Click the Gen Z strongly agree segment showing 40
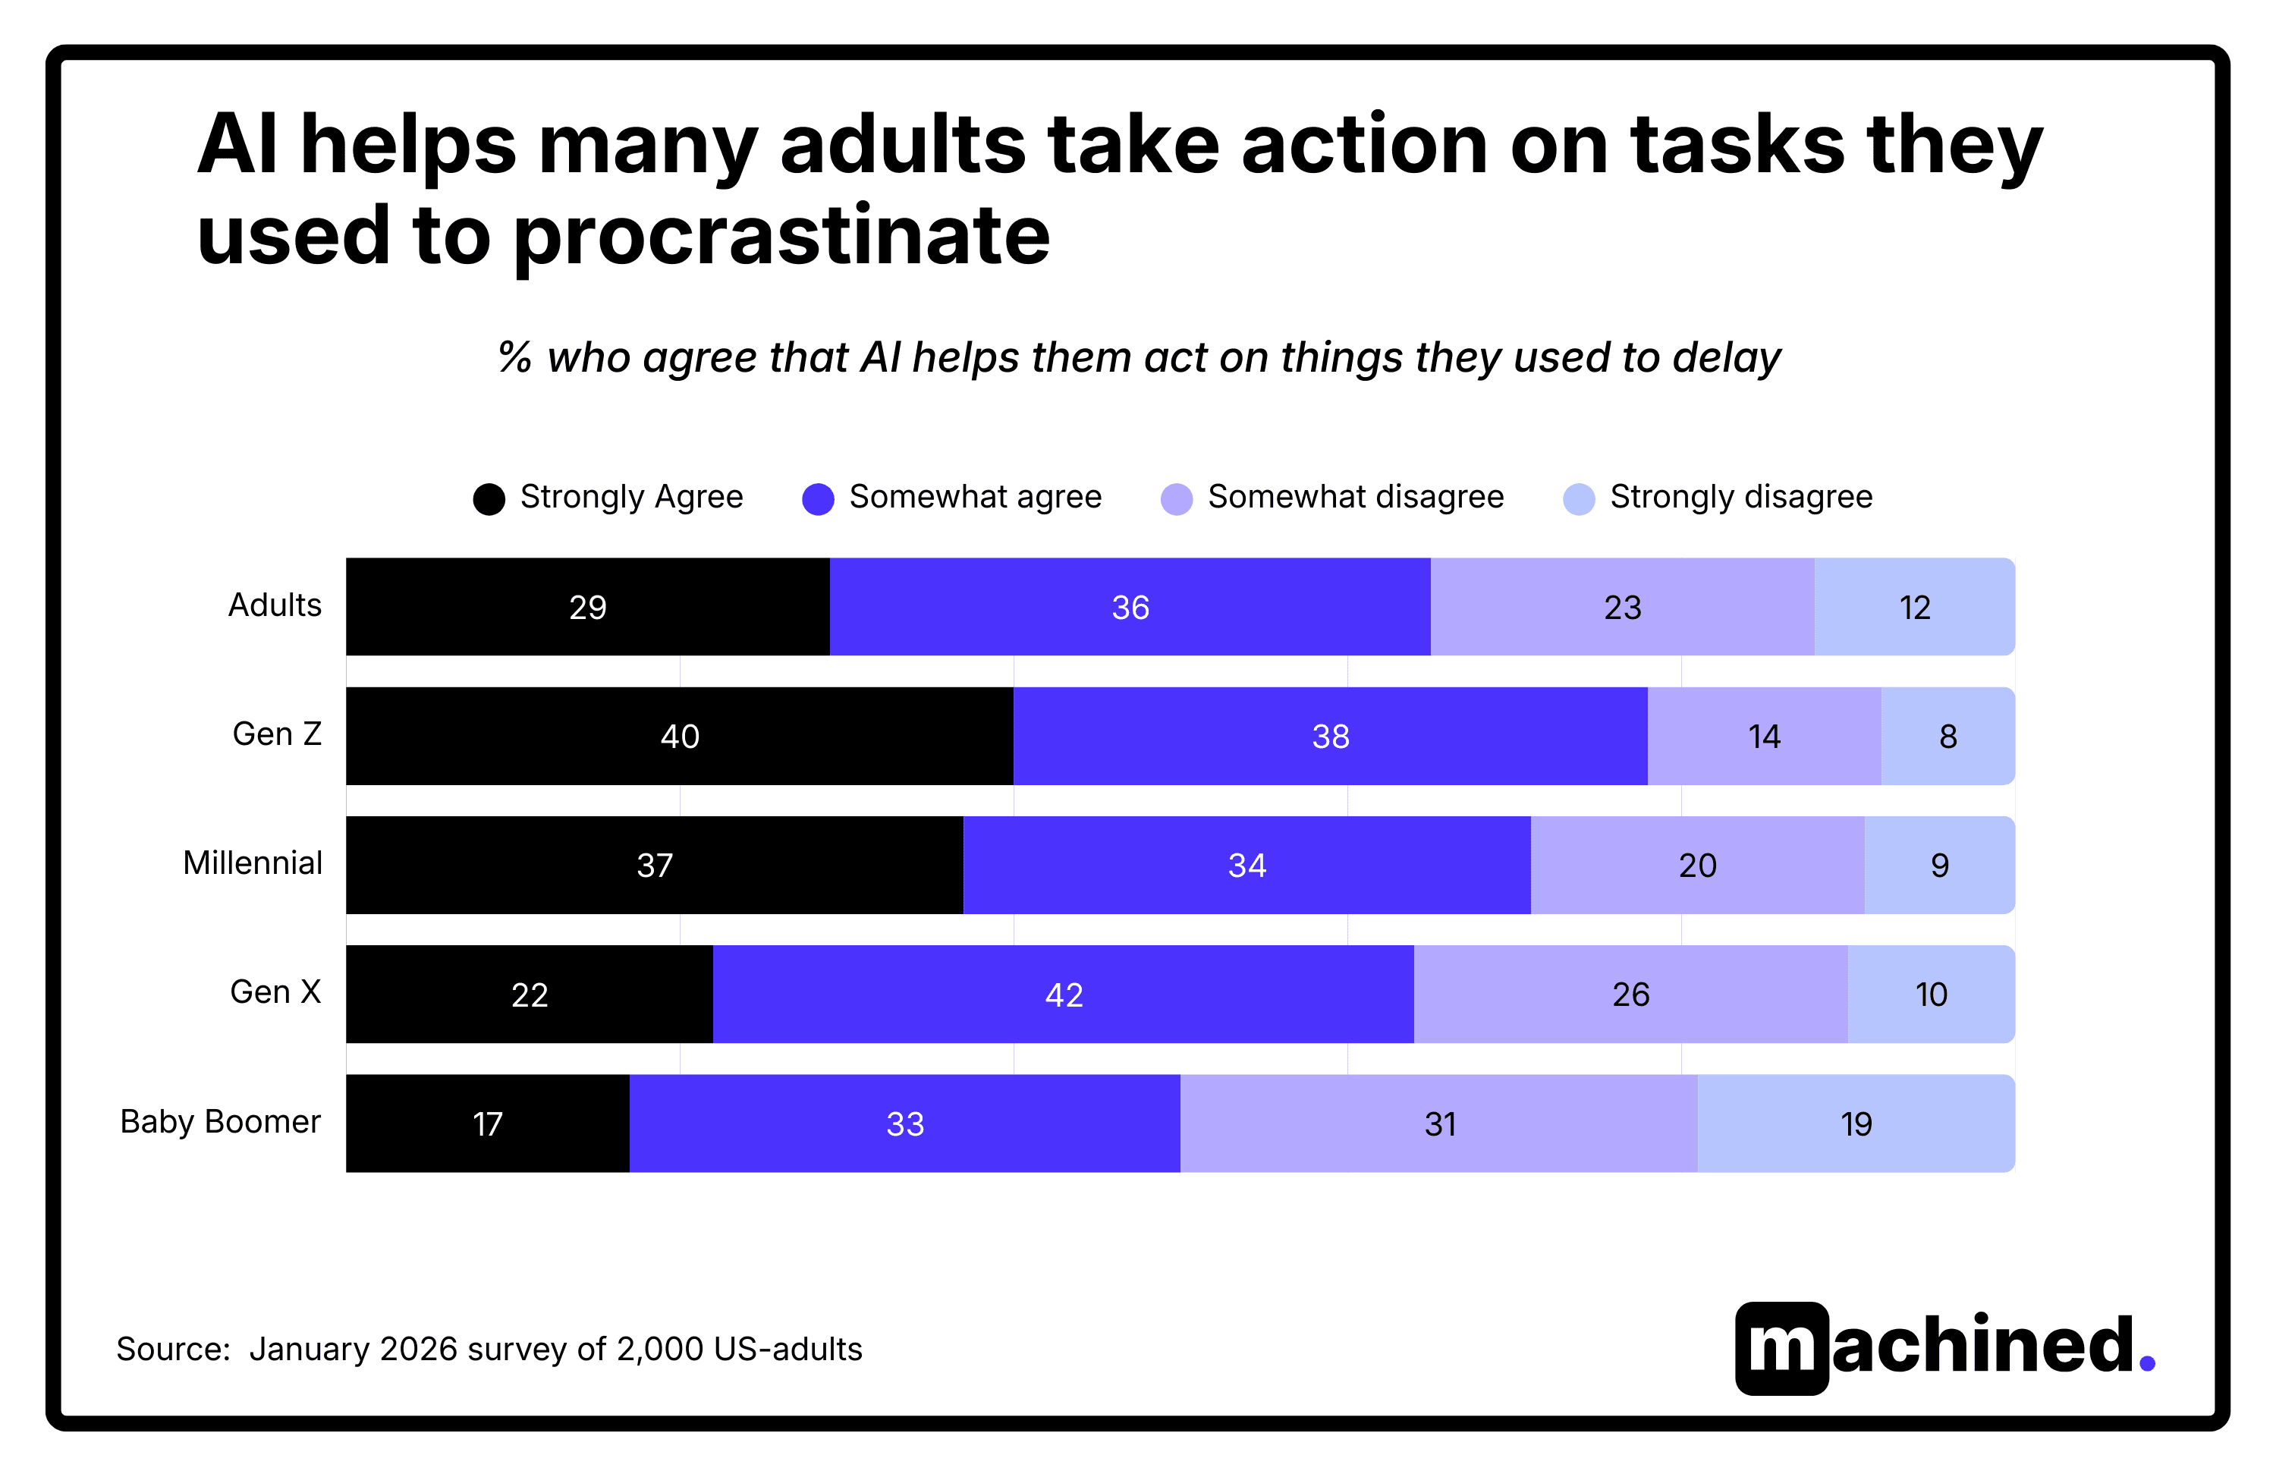[679, 736]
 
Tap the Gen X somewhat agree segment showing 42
[1064, 995]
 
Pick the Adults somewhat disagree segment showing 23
[1622, 607]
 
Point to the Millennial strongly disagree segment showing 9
[1939, 865]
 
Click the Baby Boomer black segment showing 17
[487, 1123]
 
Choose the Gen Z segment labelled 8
[1948, 736]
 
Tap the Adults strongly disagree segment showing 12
[1915, 607]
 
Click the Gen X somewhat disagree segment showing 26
[1630, 995]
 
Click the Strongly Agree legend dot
[489, 499]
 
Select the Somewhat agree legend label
[976, 497]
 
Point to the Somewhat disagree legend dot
[1176, 499]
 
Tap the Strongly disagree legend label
[1740, 497]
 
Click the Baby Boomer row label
[220, 1121]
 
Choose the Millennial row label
[253, 863]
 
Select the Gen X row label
[275, 992]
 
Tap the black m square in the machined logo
[1781, 1348]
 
